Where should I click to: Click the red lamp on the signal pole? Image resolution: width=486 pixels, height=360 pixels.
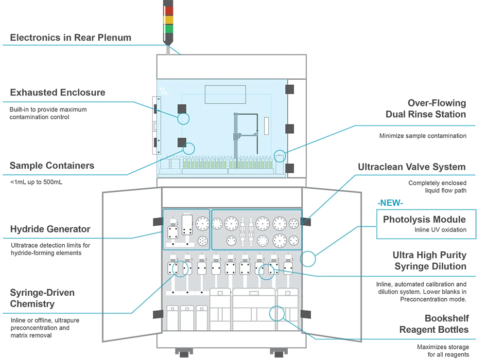pos(167,11)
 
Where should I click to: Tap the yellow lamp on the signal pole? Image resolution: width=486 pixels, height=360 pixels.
pos(167,20)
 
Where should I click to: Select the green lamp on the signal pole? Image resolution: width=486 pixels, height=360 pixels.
pos(167,29)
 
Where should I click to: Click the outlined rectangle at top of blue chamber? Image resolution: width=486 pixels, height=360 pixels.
pos(225,94)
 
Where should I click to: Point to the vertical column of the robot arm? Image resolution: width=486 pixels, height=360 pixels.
pos(236,136)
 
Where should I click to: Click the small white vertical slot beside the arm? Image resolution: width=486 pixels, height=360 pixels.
pos(266,126)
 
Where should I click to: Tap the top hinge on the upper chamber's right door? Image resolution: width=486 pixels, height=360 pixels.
pos(290,89)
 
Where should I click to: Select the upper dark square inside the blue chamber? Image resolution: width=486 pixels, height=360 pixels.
pos(182,108)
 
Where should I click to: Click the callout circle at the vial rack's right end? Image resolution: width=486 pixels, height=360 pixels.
pos(280,156)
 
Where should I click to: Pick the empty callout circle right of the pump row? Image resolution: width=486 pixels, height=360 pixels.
pos(309,258)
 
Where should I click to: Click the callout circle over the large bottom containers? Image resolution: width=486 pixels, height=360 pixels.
pos(277,313)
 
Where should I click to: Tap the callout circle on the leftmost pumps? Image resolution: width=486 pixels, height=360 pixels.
pos(181,269)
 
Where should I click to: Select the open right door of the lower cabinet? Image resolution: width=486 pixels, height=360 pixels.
pos(331,265)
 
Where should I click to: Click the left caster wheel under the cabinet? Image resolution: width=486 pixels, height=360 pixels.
pos(184,355)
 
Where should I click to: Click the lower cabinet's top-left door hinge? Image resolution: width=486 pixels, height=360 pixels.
pos(157,222)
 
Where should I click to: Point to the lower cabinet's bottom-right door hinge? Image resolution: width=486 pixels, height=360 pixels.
pos(306,314)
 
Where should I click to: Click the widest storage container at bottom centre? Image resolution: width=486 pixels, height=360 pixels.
pos(254,311)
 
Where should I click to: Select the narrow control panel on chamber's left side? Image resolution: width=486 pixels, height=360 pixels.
pos(155,126)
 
